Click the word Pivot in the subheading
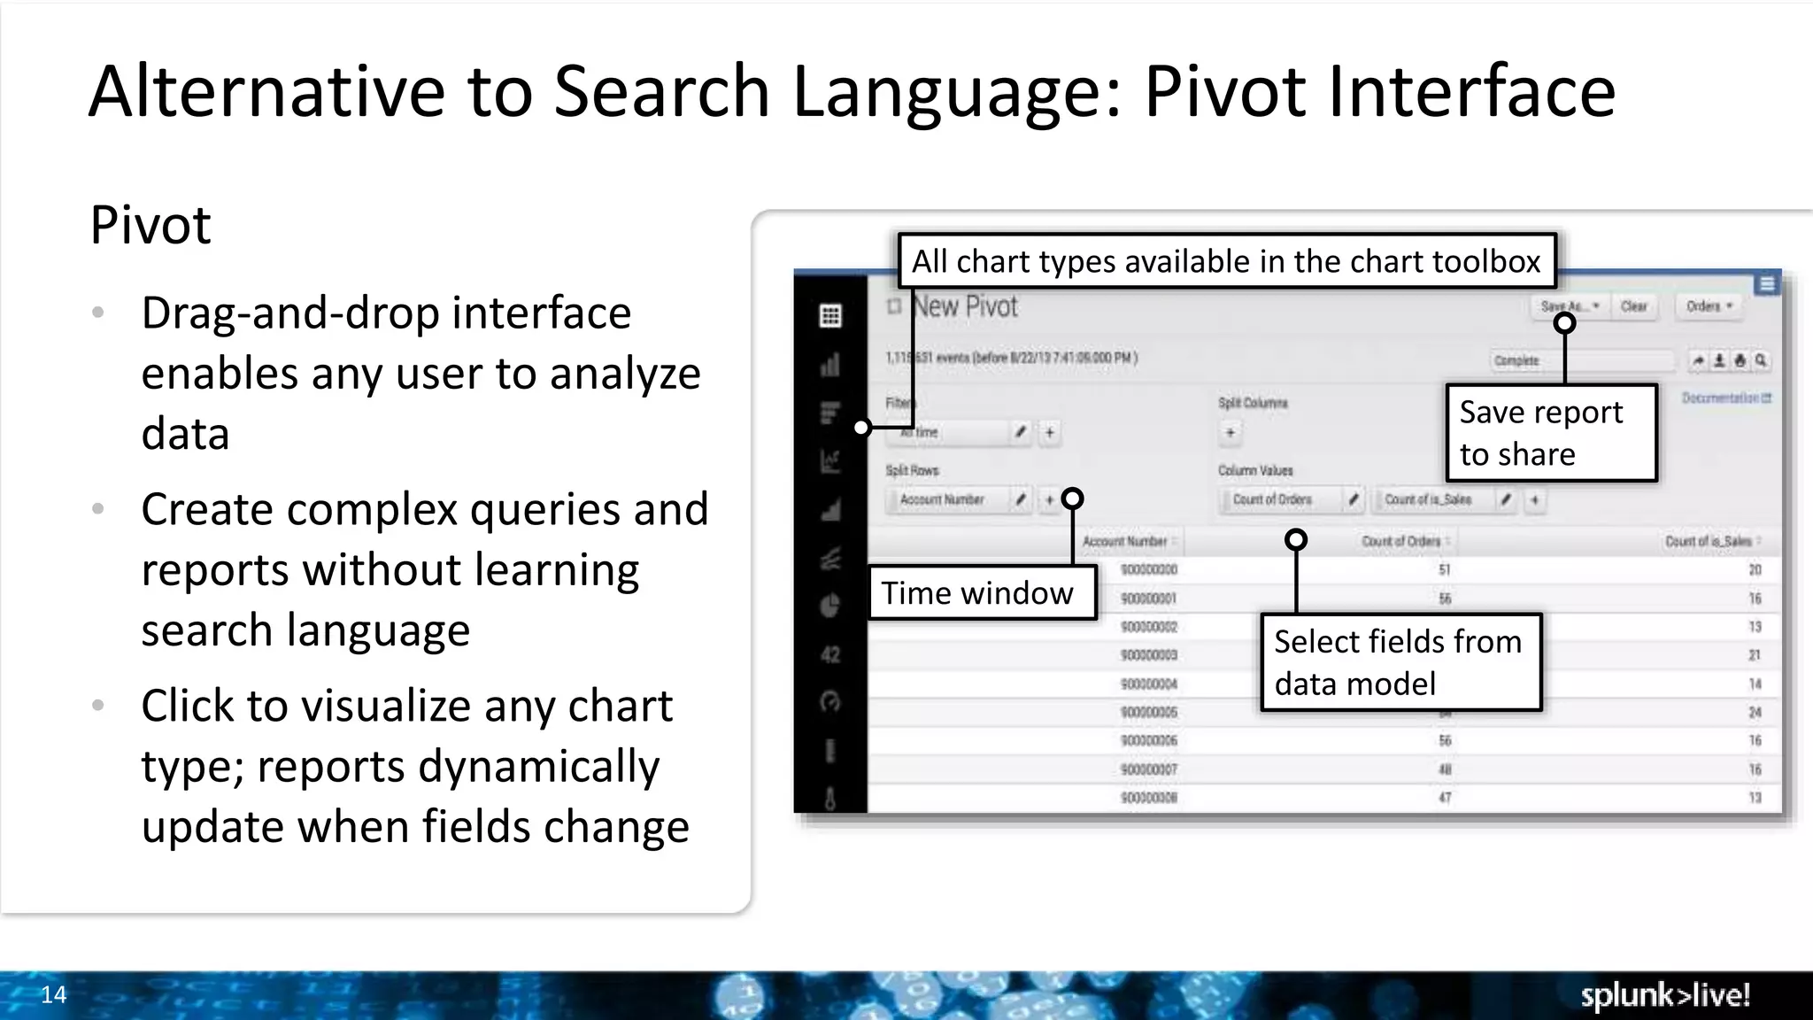coord(150,225)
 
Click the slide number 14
coord(53,994)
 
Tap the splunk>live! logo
coord(1664,995)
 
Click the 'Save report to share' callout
coord(1550,433)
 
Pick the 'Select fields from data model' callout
coord(1400,662)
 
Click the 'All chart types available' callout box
coord(1226,261)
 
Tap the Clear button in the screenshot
coord(1633,306)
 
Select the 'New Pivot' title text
coord(966,307)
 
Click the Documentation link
coord(1725,398)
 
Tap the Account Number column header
coord(1125,541)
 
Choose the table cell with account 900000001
coord(1148,599)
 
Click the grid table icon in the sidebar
coord(830,316)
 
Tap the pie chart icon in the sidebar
coord(830,607)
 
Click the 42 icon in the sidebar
coord(830,655)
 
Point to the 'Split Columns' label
coord(1253,403)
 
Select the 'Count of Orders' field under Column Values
coord(1272,500)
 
